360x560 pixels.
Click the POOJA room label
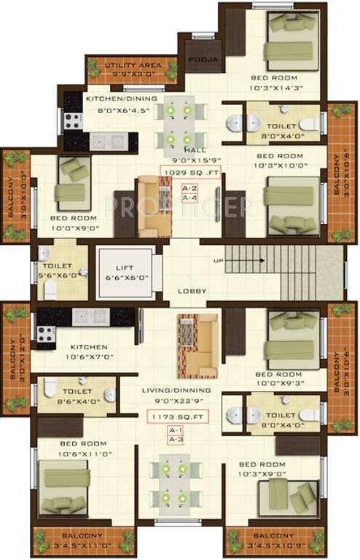199,61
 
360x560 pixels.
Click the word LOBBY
192,291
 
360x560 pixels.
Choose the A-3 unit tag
176,440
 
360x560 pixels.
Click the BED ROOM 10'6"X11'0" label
84,448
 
